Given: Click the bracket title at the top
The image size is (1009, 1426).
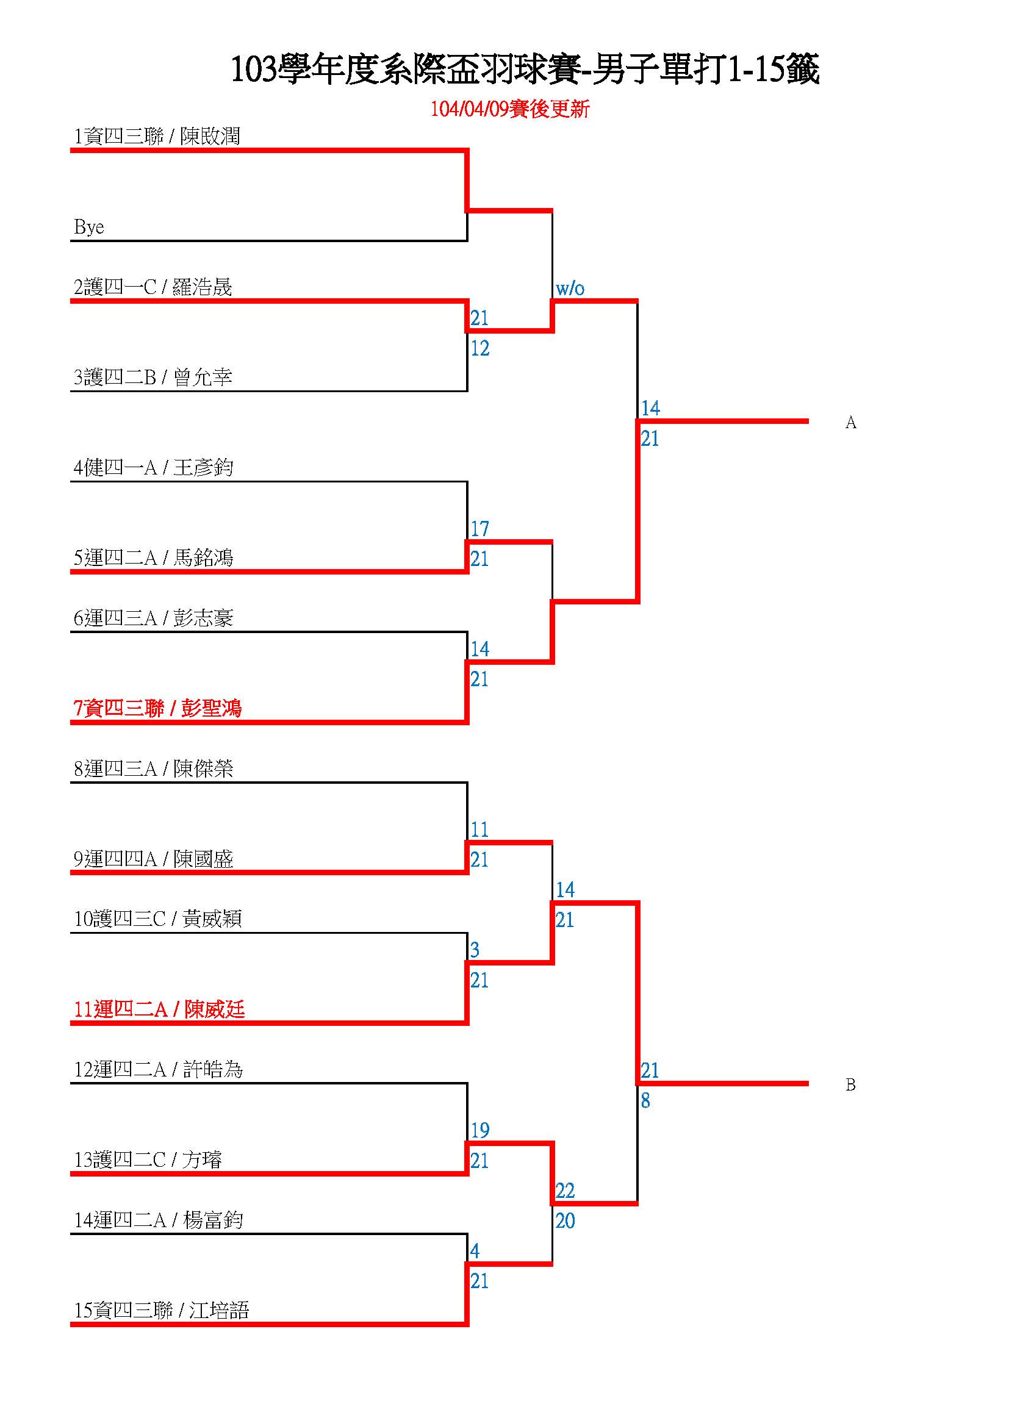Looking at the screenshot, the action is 525,68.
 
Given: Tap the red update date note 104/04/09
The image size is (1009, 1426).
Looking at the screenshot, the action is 509,109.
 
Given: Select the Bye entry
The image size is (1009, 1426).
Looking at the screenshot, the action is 89,227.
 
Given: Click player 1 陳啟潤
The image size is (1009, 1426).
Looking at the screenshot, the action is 157,137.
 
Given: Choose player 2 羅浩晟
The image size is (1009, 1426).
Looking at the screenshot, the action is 153,287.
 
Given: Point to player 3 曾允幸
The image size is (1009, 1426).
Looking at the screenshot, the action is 153,377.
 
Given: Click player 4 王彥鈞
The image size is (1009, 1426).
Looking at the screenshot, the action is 154,467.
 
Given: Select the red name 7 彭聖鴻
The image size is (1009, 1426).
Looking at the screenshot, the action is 157,708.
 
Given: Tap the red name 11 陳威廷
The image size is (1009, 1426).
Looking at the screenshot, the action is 159,1009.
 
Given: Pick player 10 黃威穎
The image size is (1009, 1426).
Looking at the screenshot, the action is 158,919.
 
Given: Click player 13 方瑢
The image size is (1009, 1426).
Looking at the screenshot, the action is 148,1159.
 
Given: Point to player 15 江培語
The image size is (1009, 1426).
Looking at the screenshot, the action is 162,1311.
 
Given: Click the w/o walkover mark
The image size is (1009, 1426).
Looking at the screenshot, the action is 570,288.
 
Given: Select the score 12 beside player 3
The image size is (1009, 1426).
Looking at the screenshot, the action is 479,348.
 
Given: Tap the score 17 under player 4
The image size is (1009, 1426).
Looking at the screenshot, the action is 479,529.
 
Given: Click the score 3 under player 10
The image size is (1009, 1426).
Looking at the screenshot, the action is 475,950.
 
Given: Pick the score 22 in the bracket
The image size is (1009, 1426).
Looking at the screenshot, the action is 565,1191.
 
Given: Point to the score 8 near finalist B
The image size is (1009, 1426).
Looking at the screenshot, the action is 645,1100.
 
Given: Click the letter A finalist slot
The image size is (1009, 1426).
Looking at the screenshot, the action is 850,422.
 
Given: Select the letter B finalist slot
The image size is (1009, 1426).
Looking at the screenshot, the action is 850,1084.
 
